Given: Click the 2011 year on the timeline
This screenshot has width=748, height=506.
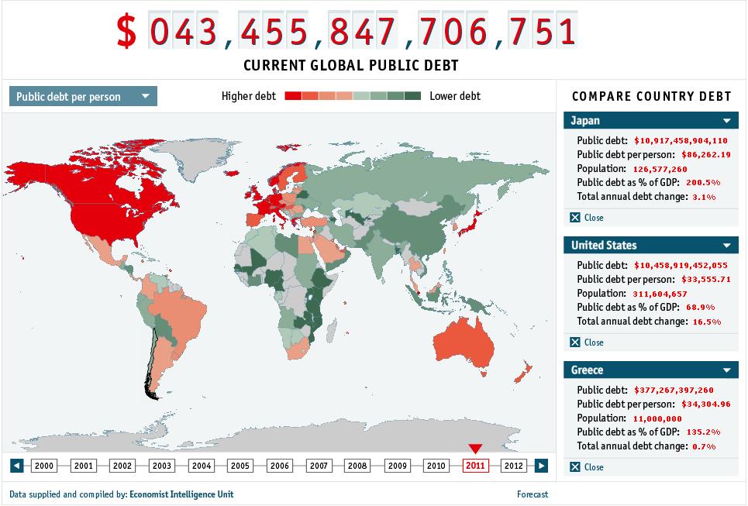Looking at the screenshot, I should pyautogui.click(x=475, y=466).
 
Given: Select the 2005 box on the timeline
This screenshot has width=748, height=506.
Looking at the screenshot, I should pyautogui.click(x=240, y=466).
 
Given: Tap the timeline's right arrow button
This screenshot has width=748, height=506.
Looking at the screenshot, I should pyautogui.click(x=542, y=466).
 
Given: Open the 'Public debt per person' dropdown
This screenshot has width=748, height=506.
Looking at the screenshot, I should pyautogui.click(x=83, y=97).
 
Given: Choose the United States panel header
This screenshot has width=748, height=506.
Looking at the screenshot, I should pyautogui.click(x=651, y=246).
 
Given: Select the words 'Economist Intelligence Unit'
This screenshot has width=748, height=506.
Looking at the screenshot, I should pyautogui.click(x=181, y=494).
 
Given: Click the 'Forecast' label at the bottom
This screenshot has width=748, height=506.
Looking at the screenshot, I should pyautogui.click(x=533, y=494).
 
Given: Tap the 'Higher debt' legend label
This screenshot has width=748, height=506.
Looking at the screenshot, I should pyautogui.click(x=249, y=96).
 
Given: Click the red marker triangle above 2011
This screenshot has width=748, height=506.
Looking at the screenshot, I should pyautogui.click(x=475, y=449).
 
